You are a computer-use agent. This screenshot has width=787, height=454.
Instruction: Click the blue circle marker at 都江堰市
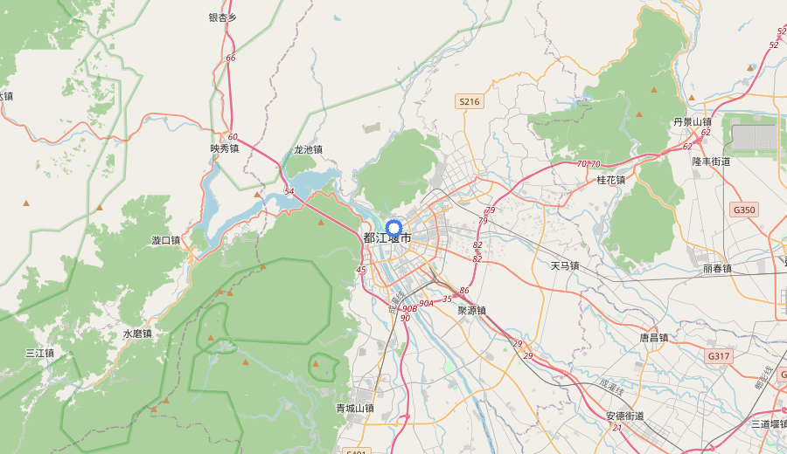[393, 229]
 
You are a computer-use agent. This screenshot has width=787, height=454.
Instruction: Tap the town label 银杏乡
[223, 17]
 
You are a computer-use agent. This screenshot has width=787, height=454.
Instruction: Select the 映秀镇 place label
[225, 148]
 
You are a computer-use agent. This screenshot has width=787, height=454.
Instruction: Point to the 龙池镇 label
[308, 149]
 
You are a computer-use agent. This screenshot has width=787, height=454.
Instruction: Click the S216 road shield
[470, 102]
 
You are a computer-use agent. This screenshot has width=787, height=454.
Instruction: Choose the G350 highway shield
[744, 210]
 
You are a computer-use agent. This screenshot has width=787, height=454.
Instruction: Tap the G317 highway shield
[719, 356]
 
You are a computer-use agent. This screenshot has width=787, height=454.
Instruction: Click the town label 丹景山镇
[693, 122]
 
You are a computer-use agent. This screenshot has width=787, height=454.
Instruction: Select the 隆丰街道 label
[711, 162]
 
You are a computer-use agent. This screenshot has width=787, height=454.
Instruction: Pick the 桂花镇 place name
[610, 180]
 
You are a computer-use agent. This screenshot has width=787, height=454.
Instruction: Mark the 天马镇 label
[565, 265]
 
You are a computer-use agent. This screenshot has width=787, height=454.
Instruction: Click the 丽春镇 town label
[716, 269]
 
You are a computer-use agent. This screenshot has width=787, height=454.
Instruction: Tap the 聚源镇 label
[471, 310]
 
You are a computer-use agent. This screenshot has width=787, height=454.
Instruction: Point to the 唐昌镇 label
[653, 337]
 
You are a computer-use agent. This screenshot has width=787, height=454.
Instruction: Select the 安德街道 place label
[625, 416]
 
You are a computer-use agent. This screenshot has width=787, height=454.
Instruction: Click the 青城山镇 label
[355, 408]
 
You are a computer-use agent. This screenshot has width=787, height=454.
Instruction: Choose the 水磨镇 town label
[137, 334]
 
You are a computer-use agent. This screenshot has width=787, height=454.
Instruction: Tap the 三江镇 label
[39, 354]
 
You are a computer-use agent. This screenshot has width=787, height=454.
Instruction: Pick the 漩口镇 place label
[165, 240]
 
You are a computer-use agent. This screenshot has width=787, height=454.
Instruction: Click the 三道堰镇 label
[770, 423]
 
